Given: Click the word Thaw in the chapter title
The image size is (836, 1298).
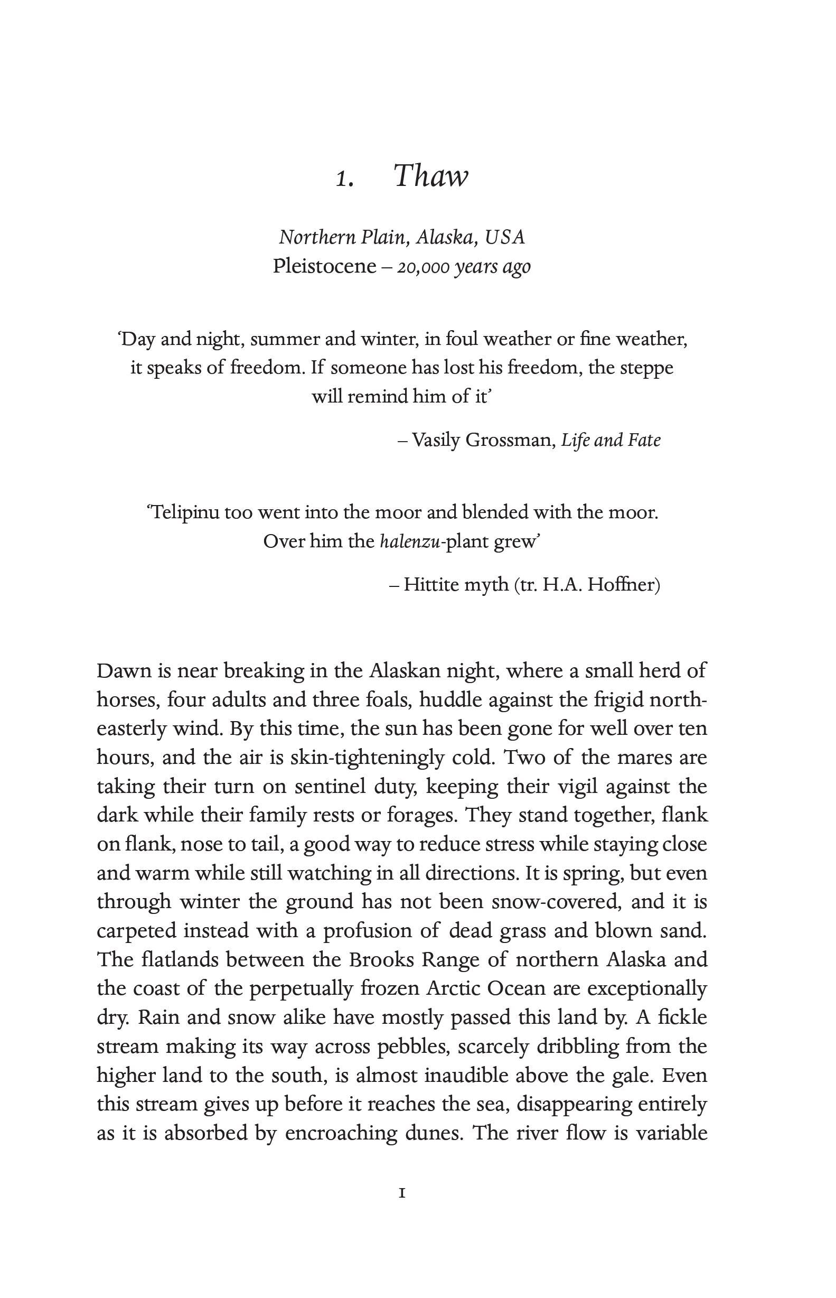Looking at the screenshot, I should click(430, 176).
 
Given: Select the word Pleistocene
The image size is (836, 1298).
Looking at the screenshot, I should click(325, 266).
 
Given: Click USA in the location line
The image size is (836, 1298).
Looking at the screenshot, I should click(505, 237).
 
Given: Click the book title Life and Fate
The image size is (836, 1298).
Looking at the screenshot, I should click(610, 440).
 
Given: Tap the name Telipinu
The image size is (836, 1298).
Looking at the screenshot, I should click(184, 512).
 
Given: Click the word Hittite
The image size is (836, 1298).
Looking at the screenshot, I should click(430, 585).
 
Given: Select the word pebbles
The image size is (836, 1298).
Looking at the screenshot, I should click(417, 1046).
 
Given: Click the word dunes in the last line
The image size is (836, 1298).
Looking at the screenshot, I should click(433, 1133).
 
